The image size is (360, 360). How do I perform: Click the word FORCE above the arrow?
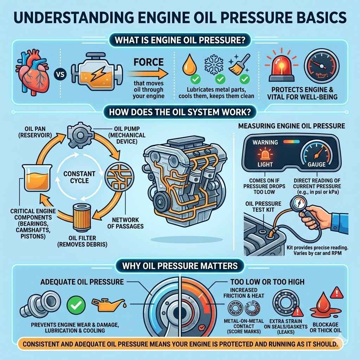(x=149, y=62)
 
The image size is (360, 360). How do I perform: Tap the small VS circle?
(x=58, y=75)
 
